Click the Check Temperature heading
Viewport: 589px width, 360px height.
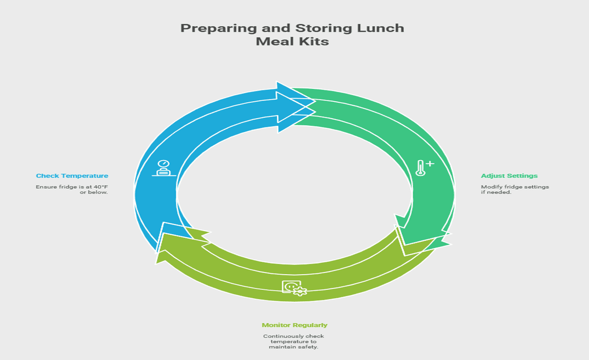point(72,175)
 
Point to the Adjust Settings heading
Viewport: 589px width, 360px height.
point(509,175)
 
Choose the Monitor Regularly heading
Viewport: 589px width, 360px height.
point(294,325)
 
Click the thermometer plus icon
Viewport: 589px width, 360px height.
point(424,168)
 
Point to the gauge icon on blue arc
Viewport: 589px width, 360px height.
point(164,168)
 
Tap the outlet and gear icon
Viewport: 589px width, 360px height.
point(294,288)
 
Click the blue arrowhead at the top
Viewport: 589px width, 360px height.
point(296,101)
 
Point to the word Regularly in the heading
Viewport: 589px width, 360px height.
point(311,325)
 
